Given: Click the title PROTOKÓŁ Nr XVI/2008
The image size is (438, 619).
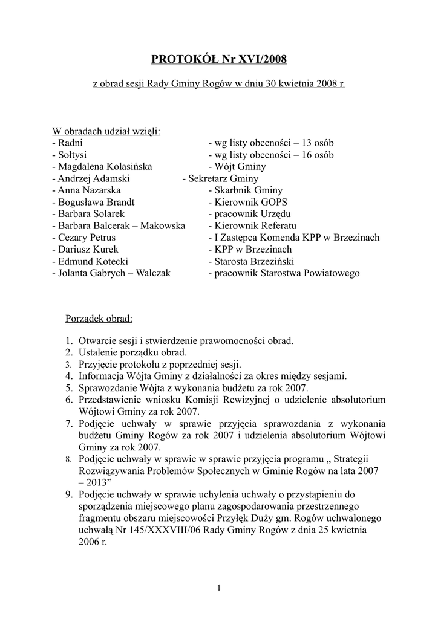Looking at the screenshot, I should (x=218, y=59).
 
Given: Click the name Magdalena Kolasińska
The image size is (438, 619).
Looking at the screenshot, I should (x=105, y=167).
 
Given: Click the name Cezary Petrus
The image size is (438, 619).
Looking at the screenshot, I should (x=86, y=238).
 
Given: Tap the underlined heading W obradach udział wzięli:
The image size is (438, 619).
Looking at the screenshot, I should (x=106, y=132).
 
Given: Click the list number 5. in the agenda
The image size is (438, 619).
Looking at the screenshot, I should (x=70, y=388).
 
